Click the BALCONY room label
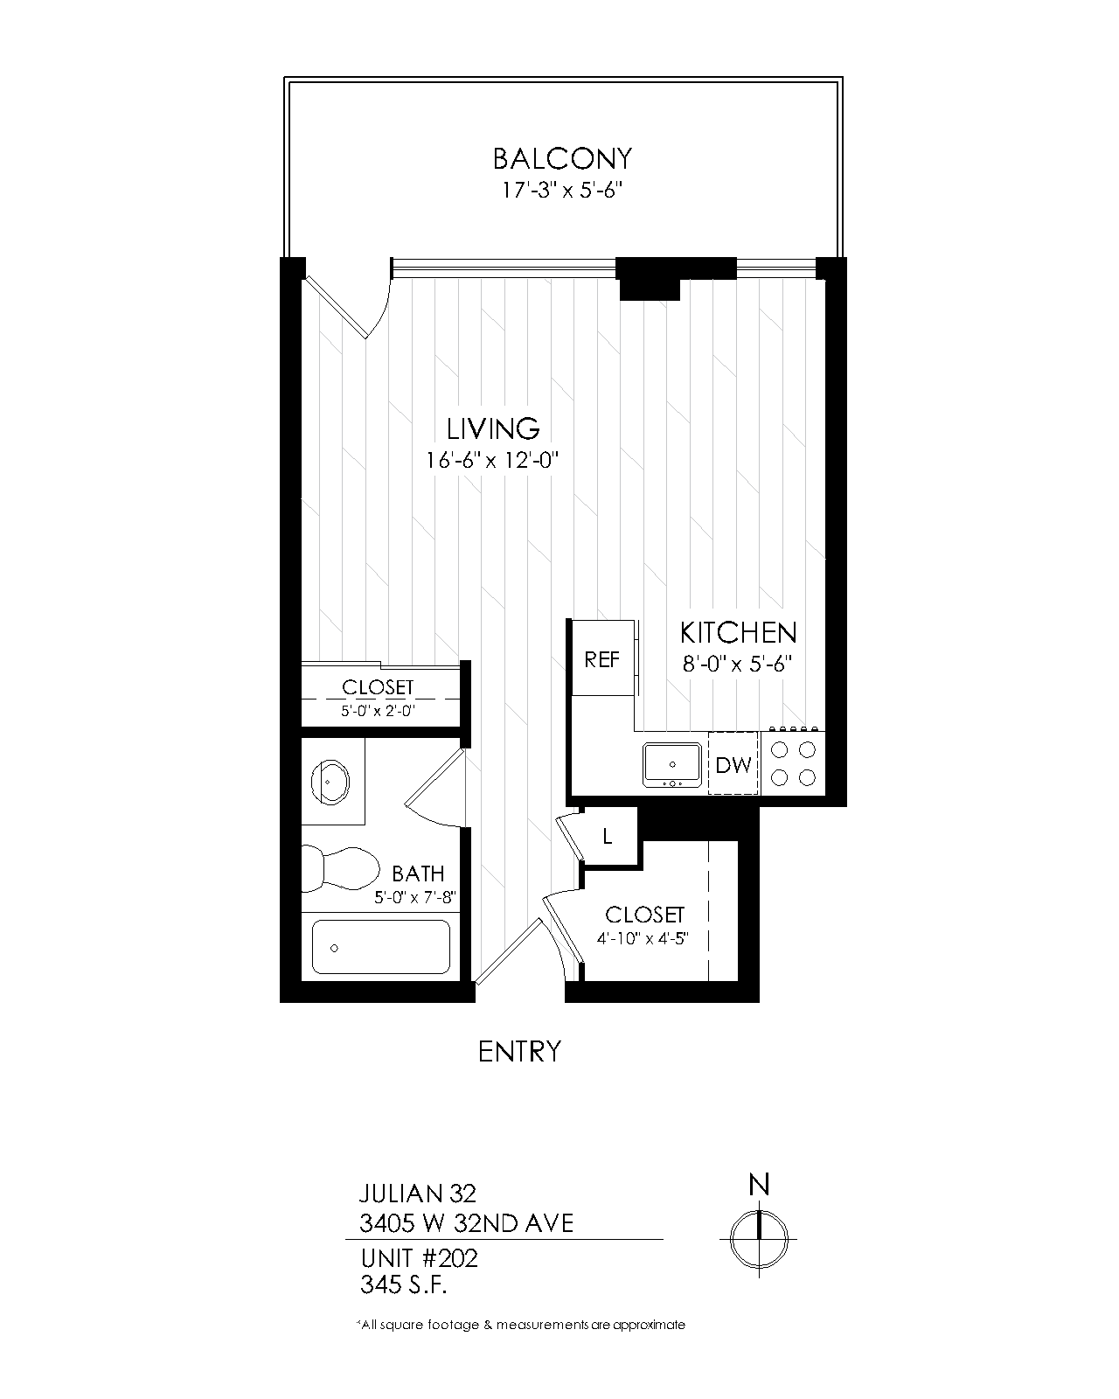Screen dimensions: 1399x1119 (x=561, y=159)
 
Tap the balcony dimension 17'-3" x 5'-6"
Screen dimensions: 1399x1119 (x=561, y=191)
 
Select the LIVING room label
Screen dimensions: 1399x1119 (x=493, y=428)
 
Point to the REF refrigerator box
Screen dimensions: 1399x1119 (x=601, y=659)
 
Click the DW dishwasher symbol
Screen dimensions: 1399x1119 (x=733, y=765)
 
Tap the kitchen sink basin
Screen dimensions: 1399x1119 (x=672, y=763)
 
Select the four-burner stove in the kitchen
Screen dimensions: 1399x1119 (x=791, y=763)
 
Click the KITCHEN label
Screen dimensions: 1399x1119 (x=738, y=632)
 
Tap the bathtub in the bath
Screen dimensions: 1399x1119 (x=381, y=947)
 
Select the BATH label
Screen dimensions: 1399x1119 (x=418, y=874)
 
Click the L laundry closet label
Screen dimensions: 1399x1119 (x=608, y=837)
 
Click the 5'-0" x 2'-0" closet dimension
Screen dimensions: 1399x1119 (x=377, y=711)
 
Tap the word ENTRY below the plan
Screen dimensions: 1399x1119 (x=519, y=1051)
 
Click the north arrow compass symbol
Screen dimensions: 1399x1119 (x=759, y=1238)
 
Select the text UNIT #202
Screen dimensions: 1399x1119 (x=419, y=1259)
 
